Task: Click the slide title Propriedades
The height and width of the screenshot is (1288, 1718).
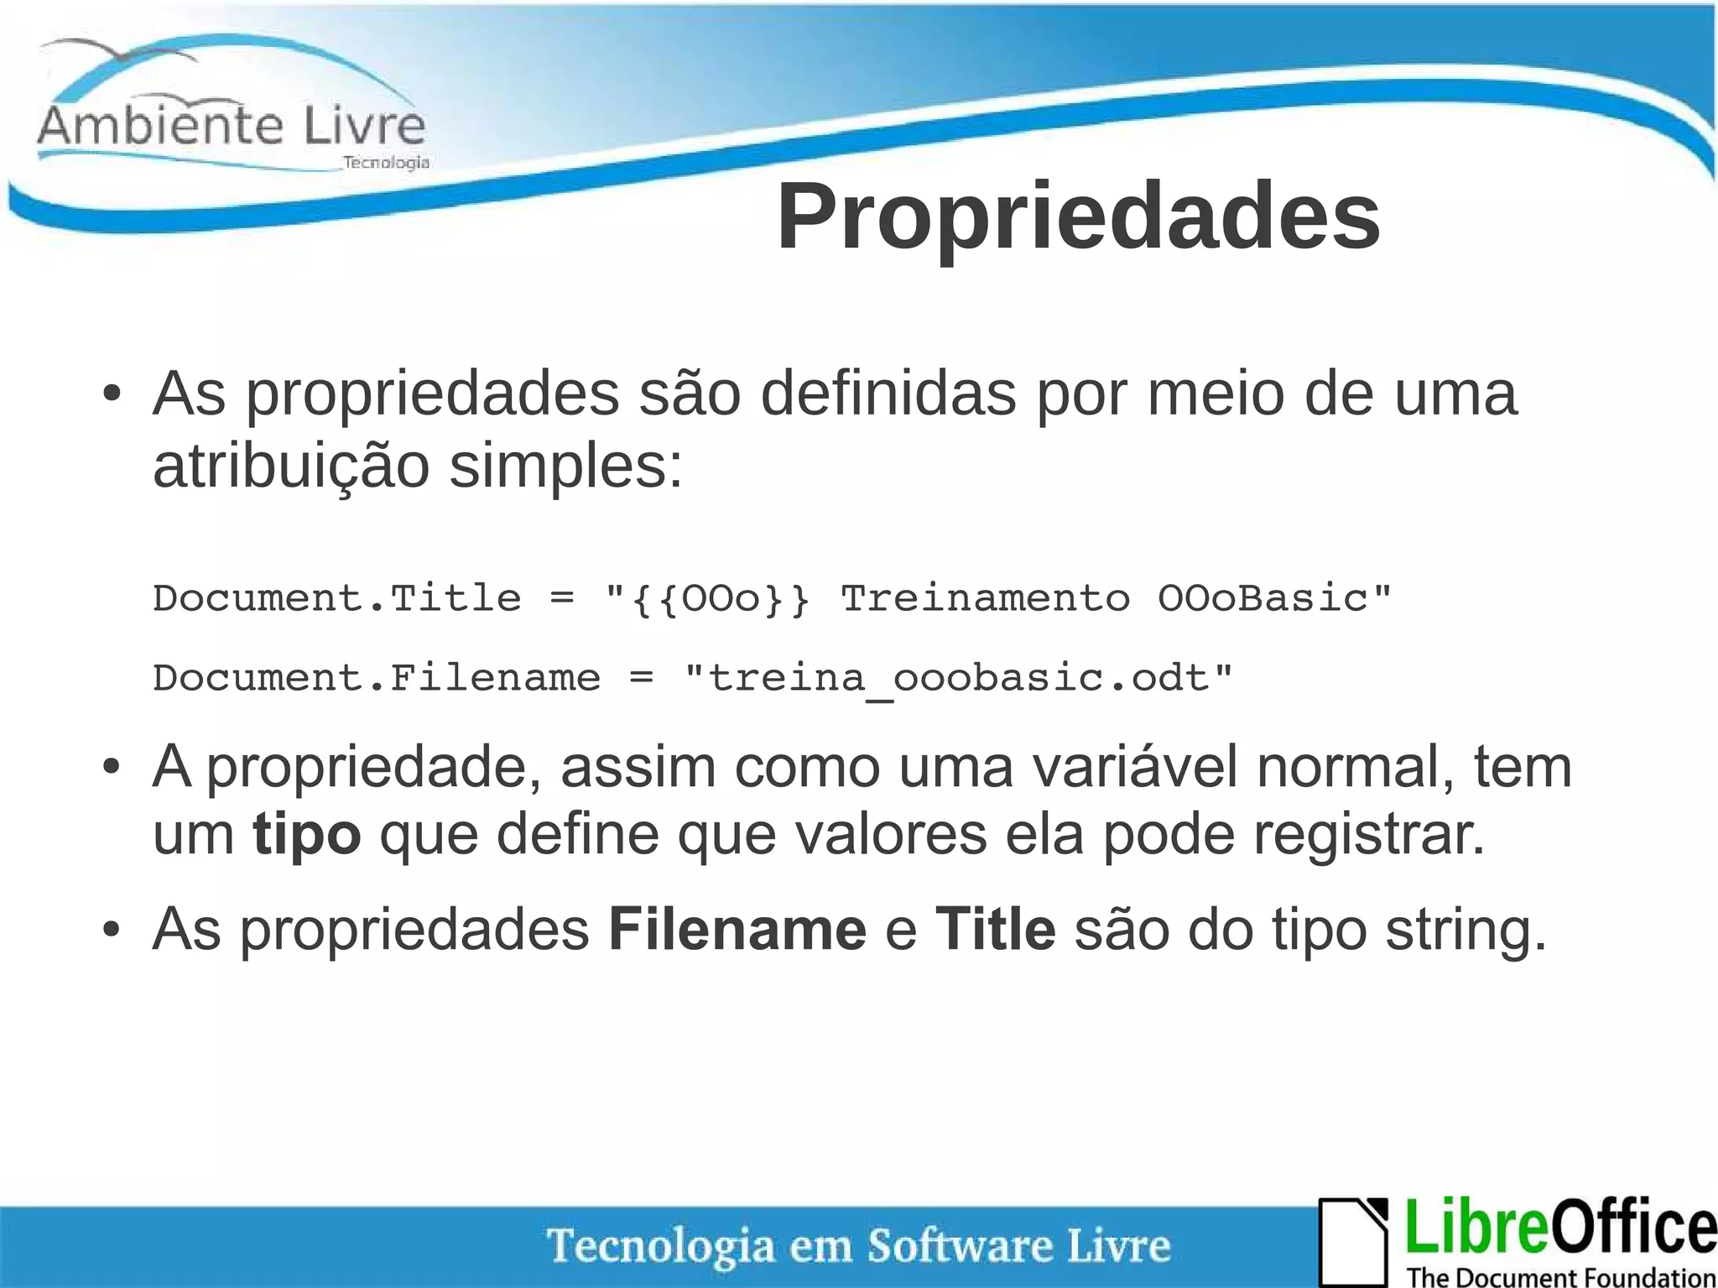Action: click(1078, 216)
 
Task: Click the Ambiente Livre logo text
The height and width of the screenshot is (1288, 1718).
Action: click(232, 127)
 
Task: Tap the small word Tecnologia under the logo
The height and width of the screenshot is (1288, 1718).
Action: click(386, 162)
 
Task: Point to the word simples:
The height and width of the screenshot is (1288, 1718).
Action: click(566, 467)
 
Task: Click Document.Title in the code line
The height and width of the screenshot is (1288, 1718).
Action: click(336, 599)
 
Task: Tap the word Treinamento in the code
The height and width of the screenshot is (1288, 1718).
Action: click(985, 599)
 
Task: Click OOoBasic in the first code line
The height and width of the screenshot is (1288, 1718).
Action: click(1262, 599)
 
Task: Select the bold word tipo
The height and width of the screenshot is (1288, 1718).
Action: click(307, 835)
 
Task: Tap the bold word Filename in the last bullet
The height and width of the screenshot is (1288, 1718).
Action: click(737, 930)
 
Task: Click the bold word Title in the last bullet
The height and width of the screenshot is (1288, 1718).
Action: click(995, 930)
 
